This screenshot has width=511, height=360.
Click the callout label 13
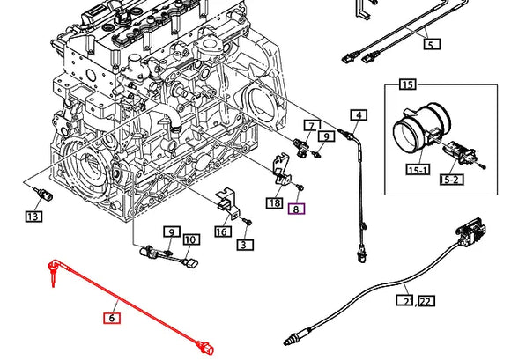[33, 216]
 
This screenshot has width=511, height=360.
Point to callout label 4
[359, 115]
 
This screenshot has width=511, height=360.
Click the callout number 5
[429, 42]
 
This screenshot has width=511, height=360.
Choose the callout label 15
[406, 84]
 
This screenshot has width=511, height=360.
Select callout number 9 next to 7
[326, 136]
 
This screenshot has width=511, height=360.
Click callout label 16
[222, 231]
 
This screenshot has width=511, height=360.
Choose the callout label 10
[190, 239]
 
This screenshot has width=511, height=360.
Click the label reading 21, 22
[415, 301]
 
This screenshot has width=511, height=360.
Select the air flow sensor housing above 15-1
[411, 133]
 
